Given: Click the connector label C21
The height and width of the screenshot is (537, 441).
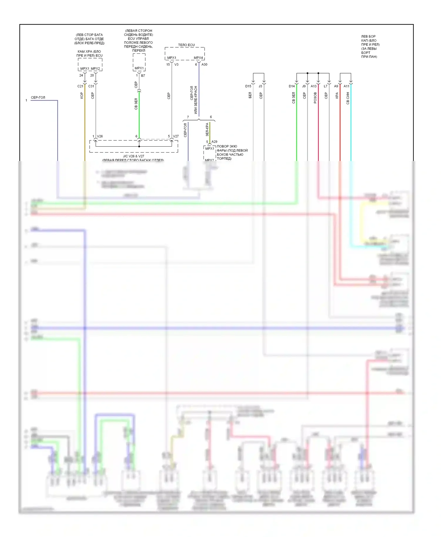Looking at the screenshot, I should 80,86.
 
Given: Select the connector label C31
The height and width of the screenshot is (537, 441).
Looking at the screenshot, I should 91,86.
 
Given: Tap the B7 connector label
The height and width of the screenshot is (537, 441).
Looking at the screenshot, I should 143,75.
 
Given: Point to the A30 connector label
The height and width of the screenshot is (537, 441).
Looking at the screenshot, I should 204,64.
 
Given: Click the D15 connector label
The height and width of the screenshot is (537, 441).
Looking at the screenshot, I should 248,86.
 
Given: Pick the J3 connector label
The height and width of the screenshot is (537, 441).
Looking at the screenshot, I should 260,86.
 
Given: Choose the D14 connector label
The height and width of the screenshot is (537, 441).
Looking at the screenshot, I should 292,86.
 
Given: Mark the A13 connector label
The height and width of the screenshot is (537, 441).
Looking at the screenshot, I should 314,86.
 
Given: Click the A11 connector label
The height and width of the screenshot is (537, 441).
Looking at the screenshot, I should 347,86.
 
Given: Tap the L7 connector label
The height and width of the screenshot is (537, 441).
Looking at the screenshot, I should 325,86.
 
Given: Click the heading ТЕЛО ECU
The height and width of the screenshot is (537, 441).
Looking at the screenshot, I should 186,45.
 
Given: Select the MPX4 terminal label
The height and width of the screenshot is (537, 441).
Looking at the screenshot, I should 198,58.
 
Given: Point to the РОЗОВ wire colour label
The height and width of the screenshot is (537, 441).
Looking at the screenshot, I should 315,98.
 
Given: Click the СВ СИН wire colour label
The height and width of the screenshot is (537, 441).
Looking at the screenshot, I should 348,98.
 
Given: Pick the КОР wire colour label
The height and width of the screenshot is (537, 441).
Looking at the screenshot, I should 82,95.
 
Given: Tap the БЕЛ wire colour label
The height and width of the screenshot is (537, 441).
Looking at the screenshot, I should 250,95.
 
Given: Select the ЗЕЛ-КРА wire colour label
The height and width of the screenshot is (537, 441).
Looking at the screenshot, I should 207,130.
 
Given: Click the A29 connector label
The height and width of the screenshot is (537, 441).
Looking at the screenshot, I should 214,142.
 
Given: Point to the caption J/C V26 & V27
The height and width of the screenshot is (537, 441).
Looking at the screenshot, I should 133,156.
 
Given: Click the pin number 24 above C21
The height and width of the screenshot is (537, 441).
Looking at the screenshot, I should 81,75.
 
